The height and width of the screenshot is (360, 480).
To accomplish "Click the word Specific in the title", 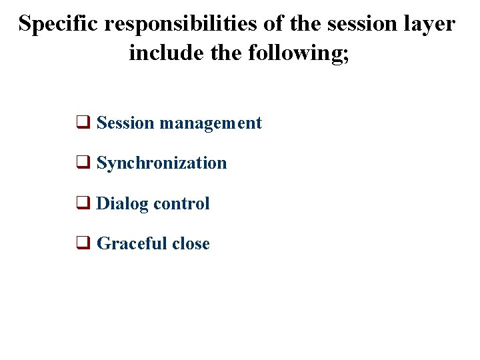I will [x=59, y=24].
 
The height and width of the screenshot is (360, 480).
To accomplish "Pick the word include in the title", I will [x=159, y=51].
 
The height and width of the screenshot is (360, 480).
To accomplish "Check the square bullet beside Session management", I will [x=83, y=123].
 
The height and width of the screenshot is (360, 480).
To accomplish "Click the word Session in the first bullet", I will [x=125, y=123].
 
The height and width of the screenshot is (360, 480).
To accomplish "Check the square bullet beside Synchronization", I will [x=83, y=163].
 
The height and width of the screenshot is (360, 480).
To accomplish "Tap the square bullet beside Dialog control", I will [x=83, y=204].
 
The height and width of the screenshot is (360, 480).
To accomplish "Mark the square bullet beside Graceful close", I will [x=83, y=244].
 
